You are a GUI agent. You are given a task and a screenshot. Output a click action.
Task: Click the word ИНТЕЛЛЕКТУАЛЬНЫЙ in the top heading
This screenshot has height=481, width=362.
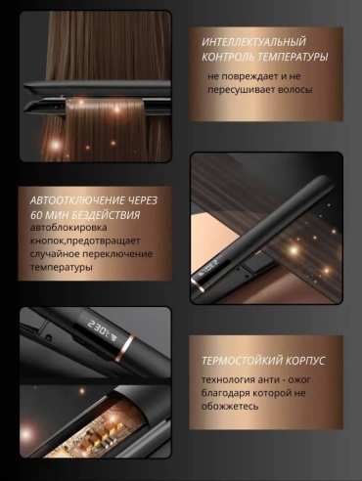254,42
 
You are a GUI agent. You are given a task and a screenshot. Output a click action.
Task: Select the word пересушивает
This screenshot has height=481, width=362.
241,90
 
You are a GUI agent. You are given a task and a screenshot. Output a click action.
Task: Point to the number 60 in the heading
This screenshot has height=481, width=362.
36,215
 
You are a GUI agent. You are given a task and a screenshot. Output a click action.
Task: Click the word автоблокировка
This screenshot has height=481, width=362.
68,228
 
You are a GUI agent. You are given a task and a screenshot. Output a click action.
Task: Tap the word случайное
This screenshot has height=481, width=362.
54,254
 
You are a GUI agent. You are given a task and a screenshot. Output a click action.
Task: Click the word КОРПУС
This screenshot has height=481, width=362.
305,361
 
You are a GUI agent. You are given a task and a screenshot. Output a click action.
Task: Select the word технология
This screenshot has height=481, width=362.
228,380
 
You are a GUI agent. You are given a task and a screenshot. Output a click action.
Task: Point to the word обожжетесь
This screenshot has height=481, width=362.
230,407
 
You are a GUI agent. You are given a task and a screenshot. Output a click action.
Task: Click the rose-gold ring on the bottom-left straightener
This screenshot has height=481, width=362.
124,348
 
